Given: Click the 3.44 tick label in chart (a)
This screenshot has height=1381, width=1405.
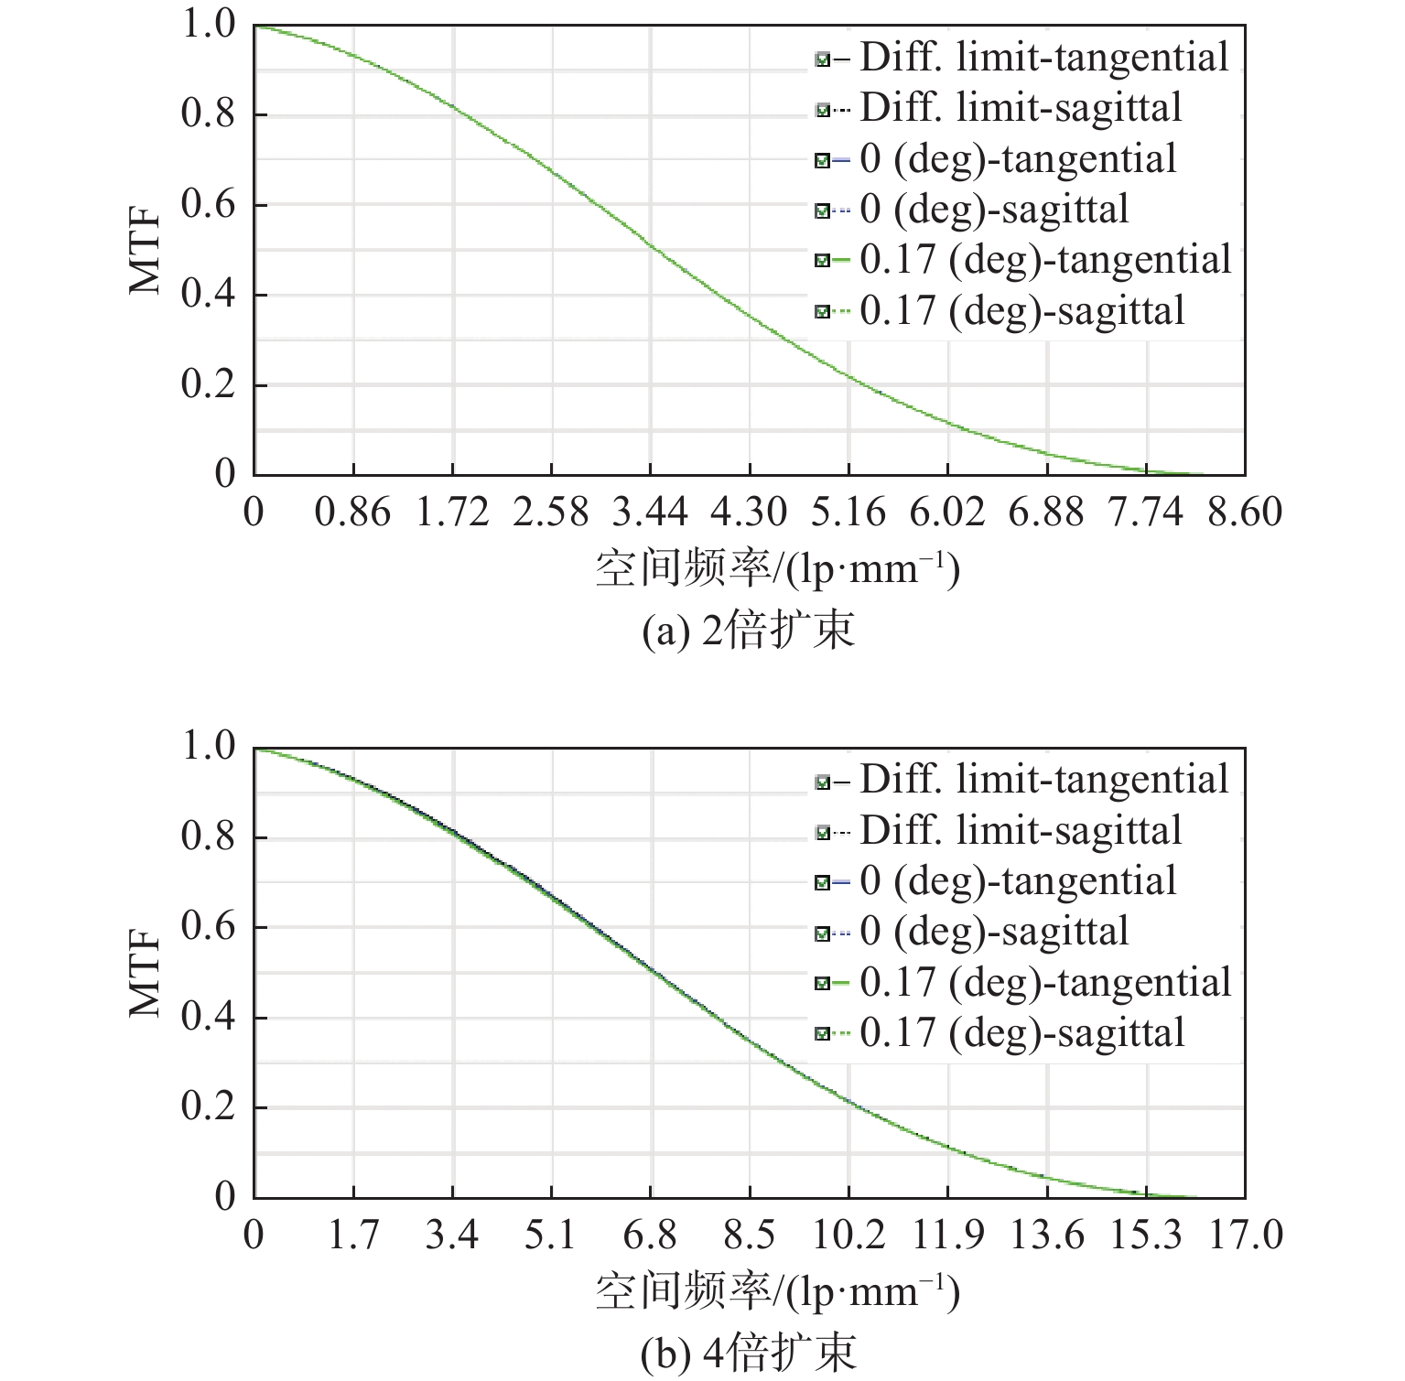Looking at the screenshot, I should (x=649, y=512).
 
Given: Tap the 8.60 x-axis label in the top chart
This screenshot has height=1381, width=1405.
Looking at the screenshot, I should (x=1244, y=512).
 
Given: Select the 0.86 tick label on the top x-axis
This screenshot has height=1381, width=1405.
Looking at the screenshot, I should (x=352, y=512).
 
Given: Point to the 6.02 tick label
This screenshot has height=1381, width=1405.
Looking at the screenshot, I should (x=946, y=512).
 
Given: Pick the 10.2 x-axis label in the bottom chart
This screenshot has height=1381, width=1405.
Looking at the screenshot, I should (x=848, y=1235).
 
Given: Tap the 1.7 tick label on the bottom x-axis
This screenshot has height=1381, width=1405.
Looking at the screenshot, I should (x=353, y=1235).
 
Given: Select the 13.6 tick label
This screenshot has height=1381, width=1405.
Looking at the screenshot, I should (x=1046, y=1235).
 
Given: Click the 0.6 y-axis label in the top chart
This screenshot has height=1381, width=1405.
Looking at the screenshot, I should (x=209, y=204).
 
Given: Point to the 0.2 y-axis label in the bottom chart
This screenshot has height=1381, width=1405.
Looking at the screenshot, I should (x=209, y=1106).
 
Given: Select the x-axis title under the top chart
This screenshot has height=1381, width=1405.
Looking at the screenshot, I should (x=777, y=570).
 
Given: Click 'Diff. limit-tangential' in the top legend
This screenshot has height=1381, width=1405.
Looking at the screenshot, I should (x=1043, y=59).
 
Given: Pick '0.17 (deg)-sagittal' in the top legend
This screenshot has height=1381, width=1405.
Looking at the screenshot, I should (x=1021, y=311).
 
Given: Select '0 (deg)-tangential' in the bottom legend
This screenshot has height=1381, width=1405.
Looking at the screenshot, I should (x=1018, y=881).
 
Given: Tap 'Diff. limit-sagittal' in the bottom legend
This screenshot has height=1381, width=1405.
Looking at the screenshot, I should (x=1021, y=831).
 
